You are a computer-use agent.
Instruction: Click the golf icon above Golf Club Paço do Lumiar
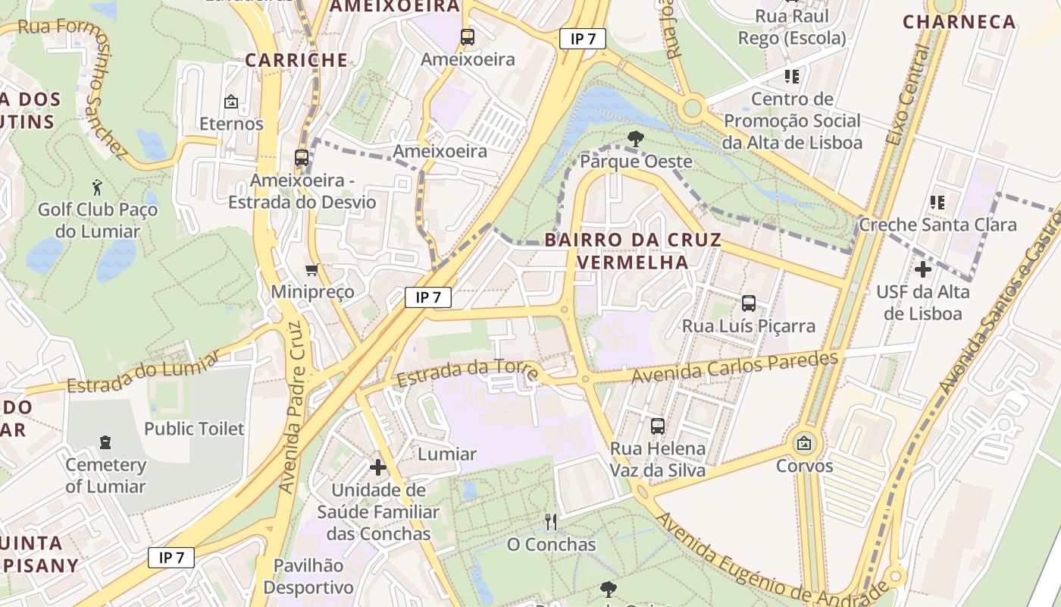pos(97,187)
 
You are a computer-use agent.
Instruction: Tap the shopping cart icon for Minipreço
pos(311,270)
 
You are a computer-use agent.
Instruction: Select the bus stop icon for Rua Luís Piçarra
pos(749,303)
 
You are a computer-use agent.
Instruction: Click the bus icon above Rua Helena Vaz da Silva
pos(658,426)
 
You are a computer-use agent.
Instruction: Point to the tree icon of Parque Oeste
pos(635,139)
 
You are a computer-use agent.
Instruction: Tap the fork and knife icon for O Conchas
pos(551,522)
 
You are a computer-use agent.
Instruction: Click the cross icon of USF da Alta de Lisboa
pos(922,269)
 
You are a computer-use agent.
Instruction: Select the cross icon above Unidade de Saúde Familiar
pos(377,467)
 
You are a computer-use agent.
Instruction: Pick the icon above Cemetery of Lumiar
pos(105,442)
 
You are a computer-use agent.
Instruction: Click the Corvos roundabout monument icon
pos(804,443)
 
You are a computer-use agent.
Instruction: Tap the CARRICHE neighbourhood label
pos(296,60)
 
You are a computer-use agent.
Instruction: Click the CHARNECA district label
pos(959,22)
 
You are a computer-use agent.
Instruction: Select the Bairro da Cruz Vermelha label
pos(633,251)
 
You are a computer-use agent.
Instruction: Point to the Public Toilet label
pos(194,429)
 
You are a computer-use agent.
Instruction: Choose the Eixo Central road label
pos(908,95)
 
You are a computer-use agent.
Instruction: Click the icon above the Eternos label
pos(230,102)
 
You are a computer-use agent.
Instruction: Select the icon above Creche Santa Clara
pos(937,203)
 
